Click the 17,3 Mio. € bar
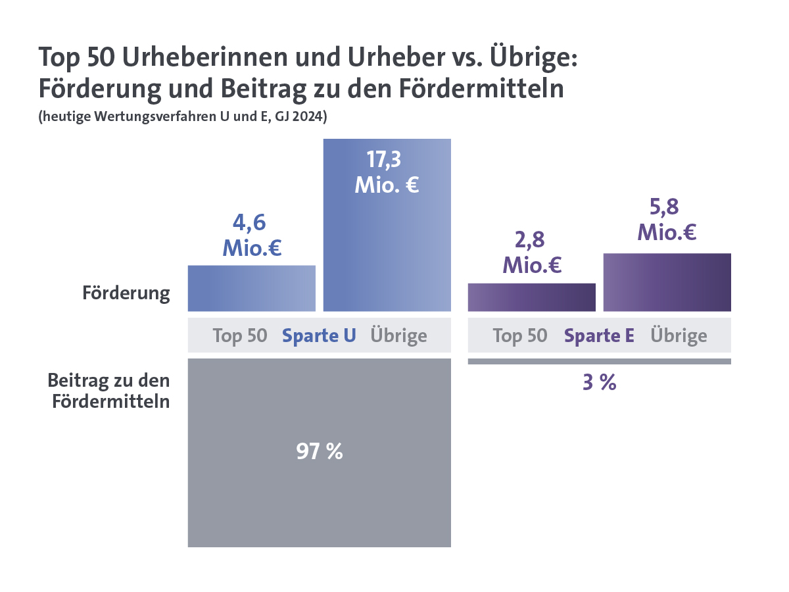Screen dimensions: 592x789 [x=387, y=250]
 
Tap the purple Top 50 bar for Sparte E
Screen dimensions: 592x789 [x=531, y=297]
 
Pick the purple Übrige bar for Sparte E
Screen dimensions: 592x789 [x=667, y=282]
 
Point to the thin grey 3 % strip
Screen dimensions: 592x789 [x=599, y=361]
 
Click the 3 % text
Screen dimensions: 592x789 [x=599, y=383]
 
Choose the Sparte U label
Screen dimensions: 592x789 [x=319, y=335]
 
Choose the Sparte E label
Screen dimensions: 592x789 [x=599, y=335]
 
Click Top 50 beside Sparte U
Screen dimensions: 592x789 [x=240, y=335]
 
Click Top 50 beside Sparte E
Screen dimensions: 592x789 [x=520, y=335]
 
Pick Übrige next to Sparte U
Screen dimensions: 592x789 [x=398, y=335]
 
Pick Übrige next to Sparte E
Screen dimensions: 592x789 [x=679, y=335]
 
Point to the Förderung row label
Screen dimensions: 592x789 [x=126, y=293]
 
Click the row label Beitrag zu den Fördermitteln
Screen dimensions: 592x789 [x=109, y=391]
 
